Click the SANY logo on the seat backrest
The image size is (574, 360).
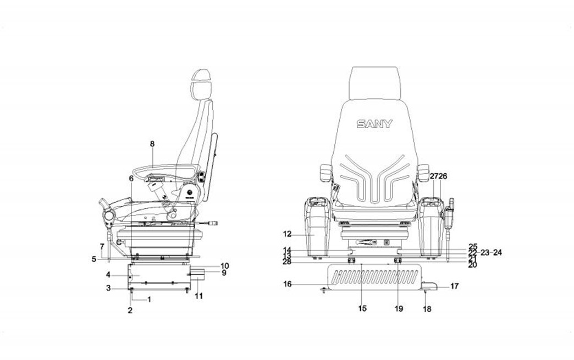click(374, 124)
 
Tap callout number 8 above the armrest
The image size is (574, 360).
click(152, 143)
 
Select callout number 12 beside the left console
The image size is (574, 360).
click(287, 234)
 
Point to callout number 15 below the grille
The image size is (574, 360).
click(362, 308)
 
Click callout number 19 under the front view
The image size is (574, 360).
click(399, 308)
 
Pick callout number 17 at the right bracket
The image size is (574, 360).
click(455, 286)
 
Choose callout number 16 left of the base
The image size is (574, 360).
click(287, 284)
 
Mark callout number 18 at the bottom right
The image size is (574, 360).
click(427, 309)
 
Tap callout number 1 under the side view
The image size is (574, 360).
click(149, 299)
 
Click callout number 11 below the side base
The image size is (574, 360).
click(199, 296)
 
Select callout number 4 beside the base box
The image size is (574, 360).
click(109, 274)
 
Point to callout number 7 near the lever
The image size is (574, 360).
click(102, 246)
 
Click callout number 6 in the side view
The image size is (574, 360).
click(131, 178)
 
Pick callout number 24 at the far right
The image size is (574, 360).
click(498, 253)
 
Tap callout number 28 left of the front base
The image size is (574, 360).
click(286, 262)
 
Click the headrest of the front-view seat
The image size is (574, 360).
click(376, 82)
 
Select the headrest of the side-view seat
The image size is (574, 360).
click(201, 83)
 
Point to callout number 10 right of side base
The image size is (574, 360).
click(209, 265)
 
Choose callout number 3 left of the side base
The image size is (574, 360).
click(109, 288)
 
